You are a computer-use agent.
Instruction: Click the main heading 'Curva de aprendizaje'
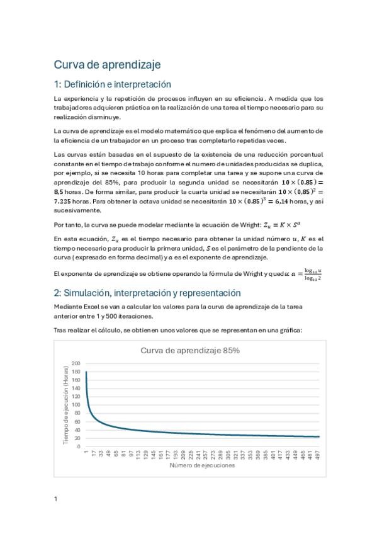[107, 65]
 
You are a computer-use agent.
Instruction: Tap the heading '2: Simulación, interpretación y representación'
[147, 293]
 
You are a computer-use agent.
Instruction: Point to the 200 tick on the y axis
[76, 364]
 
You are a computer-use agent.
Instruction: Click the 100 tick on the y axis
[76, 405]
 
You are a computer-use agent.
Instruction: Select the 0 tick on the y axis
[79, 446]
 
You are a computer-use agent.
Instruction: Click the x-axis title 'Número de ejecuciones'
[203, 467]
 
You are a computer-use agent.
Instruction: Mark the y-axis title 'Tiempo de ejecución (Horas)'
[66, 405]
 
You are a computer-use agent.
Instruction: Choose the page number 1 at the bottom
[56, 499]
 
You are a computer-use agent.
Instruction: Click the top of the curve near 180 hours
[86, 373]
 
